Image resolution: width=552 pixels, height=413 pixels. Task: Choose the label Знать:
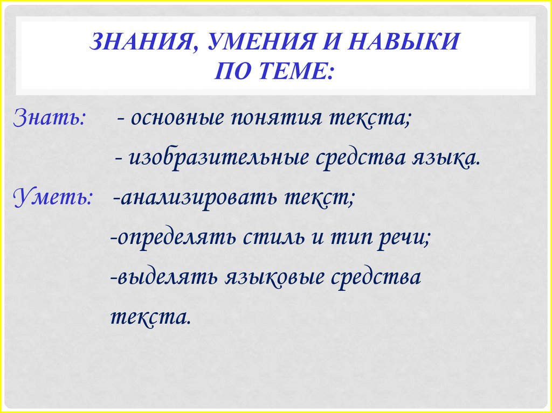point(49,117)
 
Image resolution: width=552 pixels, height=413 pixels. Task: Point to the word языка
point(447,158)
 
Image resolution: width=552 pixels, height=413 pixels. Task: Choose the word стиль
point(273,237)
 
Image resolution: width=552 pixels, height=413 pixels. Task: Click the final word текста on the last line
point(150,317)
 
